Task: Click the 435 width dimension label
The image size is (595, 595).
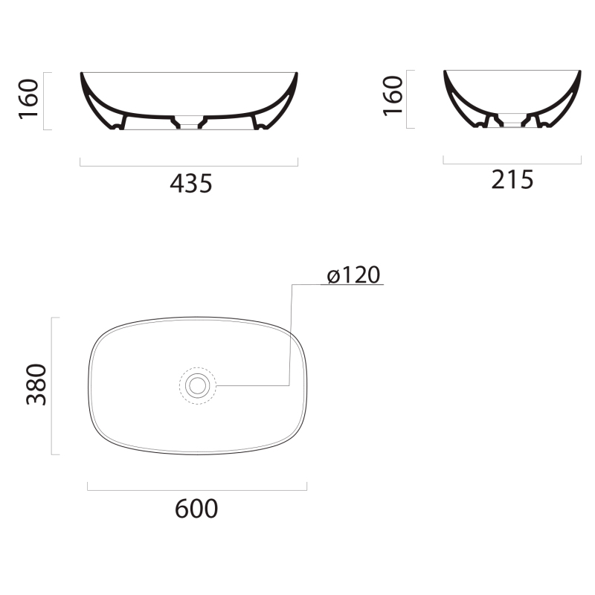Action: point(191,184)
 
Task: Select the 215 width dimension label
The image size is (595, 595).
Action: point(512,179)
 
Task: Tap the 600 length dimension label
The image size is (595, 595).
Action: point(196,509)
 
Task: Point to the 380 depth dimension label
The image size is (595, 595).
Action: point(36,385)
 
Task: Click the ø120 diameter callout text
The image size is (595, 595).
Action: point(353,274)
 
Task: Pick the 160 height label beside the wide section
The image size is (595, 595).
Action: point(28,99)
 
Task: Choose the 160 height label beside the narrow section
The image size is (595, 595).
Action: point(393,96)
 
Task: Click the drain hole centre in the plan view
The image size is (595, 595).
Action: point(197,385)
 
